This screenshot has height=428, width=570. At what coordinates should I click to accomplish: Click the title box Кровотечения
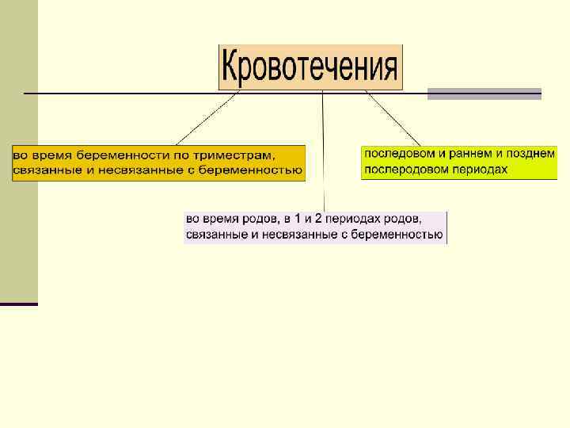(310, 67)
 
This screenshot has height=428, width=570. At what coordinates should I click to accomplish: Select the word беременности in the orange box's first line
(120, 154)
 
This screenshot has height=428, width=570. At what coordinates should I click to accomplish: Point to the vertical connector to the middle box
(323, 151)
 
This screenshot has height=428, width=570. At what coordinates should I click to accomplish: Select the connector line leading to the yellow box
(393, 120)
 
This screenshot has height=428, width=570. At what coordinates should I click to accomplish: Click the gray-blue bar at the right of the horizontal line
(484, 94)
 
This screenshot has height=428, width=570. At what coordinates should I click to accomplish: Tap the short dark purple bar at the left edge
(19, 304)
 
